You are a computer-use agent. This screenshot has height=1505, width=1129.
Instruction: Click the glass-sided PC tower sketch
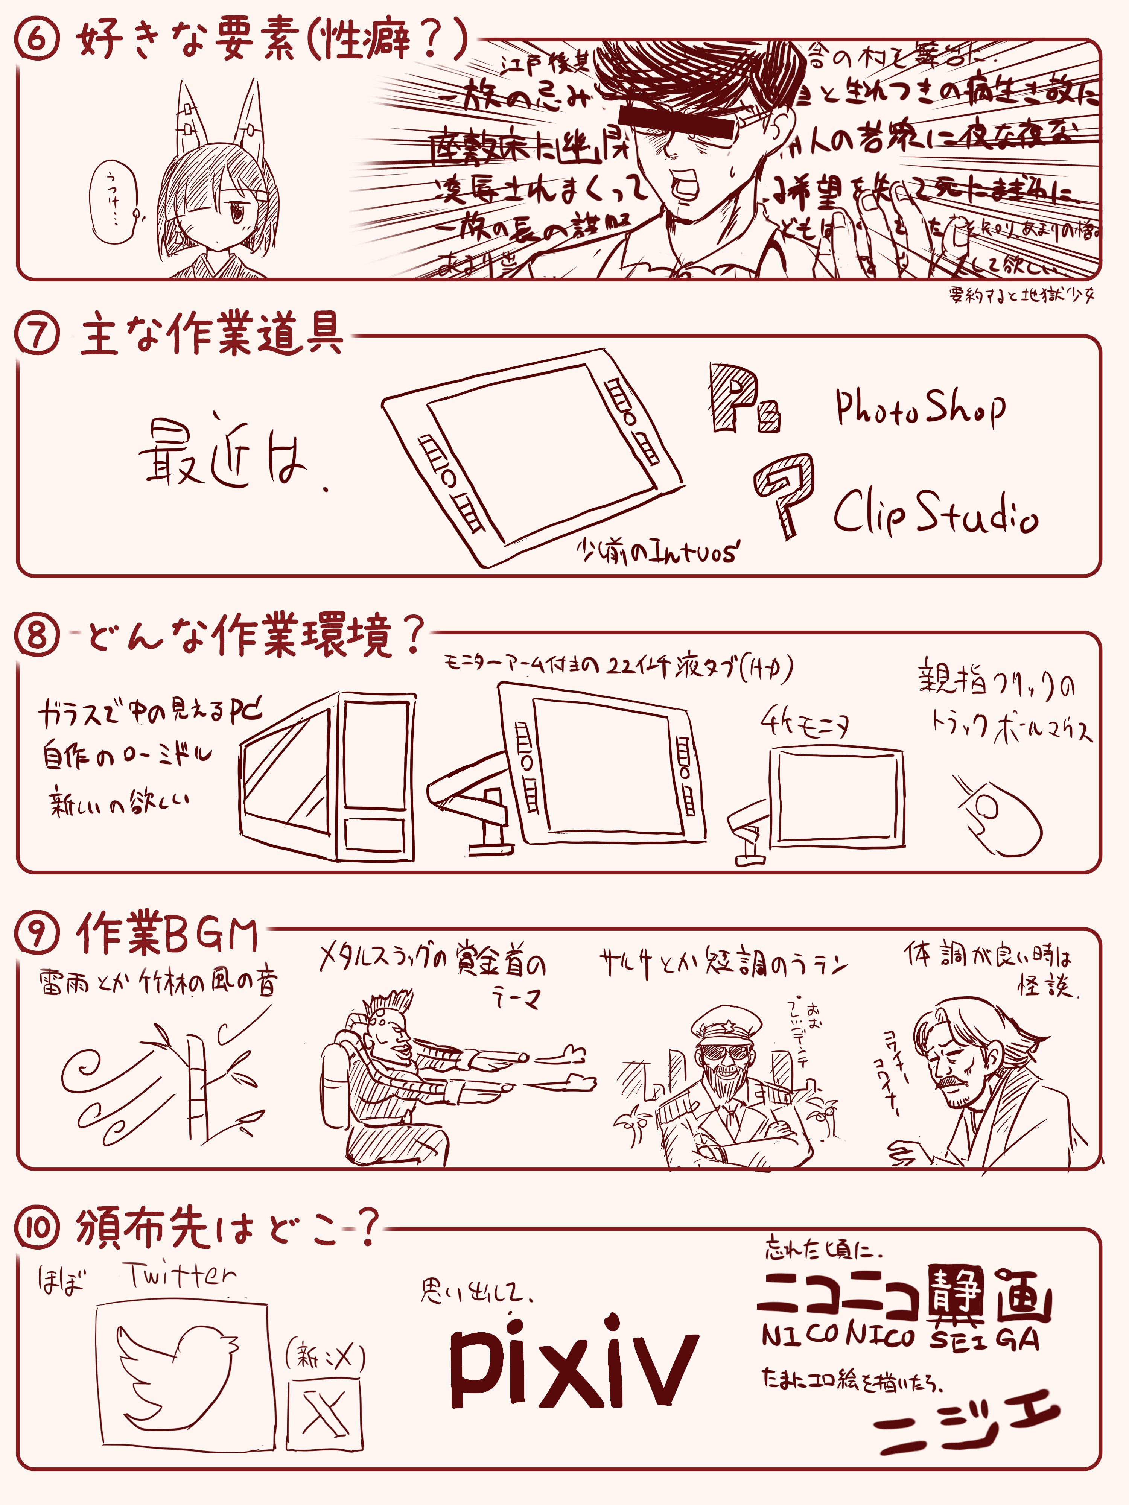(328, 775)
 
